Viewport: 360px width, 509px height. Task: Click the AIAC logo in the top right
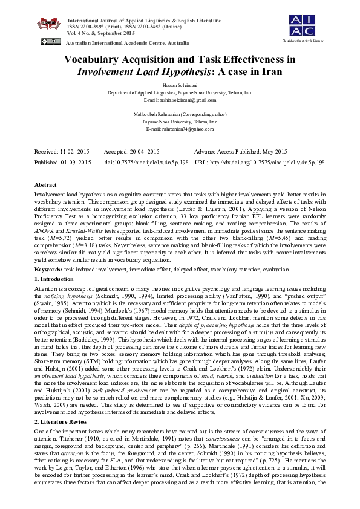pos(302,24)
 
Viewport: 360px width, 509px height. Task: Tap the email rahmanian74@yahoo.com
pos(180,129)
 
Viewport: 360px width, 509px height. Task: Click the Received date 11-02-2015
pos(76,152)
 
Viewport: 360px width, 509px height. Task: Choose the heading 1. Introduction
pos(55,279)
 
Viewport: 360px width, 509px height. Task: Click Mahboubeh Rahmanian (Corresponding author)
pos(180,114)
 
